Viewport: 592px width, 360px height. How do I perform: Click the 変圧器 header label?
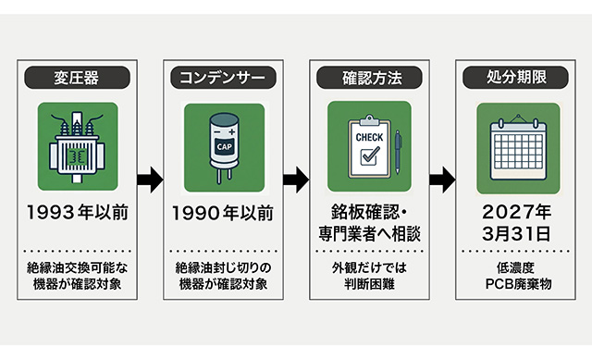tap(77, 78)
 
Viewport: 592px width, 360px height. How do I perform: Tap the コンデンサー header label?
tap(223, 78)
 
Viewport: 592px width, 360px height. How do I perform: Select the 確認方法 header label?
tap(369, 78)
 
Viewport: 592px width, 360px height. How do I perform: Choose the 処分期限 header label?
tap(515, 78)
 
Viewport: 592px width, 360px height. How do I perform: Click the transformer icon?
tap(77, 147)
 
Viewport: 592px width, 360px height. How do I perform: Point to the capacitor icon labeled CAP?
tap(224, 147)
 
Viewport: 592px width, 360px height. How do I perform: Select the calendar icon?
tap(518, 148)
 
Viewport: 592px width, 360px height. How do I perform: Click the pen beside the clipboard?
tap(398, 152)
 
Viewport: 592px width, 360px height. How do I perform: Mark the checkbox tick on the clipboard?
tap(370, 155)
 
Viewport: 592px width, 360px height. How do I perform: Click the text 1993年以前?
tap(78, 212)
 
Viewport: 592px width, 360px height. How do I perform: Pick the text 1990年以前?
tap(223, 213)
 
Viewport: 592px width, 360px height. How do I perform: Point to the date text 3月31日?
tap(516, 234)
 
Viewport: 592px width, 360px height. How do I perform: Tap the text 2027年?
tap(516, 212)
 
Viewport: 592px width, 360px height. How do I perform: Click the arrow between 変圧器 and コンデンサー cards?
tap(150, 180)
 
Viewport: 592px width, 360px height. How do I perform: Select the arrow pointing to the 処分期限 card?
tap(442, 180)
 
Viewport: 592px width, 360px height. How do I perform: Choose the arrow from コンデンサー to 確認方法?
tap(296, 180)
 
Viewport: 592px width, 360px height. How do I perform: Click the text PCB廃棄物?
tap(518, 284)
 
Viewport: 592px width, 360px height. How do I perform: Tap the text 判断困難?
tap(369, 284)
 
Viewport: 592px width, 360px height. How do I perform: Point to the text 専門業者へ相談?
tap(369, 234)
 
